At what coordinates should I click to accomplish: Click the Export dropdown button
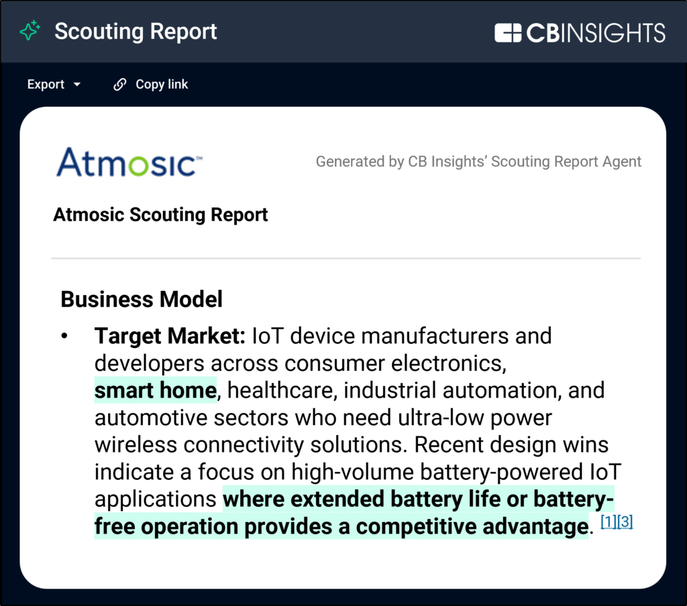(54, 84)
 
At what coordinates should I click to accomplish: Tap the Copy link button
(150, 84)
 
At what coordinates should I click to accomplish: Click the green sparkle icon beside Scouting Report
(30, 31)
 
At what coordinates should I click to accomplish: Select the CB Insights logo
(580, 33)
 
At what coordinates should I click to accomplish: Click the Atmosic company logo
(129, 162)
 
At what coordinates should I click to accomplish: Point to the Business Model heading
(142, 300)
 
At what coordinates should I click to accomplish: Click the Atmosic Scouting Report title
(160, 215)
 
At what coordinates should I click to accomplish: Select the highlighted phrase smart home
(156, 390)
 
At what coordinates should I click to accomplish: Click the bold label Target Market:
(170, 336)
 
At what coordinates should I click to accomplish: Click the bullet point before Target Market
(64, 336)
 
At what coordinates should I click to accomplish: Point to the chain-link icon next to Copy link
(119, 84)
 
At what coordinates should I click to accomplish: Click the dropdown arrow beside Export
(77, 84)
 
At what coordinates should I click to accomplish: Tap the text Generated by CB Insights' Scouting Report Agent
(478, 162)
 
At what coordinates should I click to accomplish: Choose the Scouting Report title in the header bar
(136, 32)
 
